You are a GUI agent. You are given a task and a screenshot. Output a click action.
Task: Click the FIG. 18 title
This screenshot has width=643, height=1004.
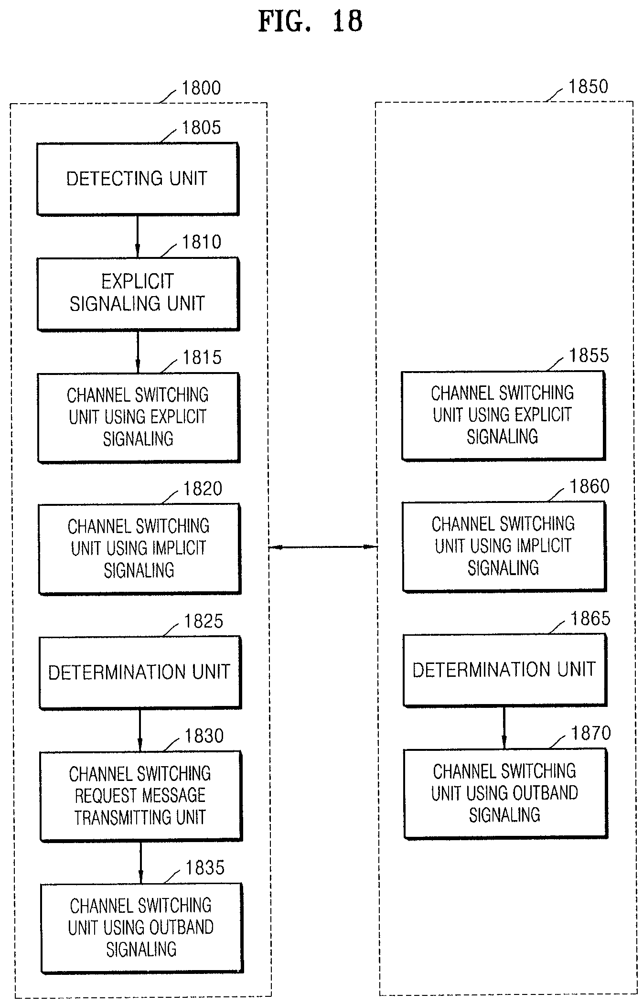(311, 21)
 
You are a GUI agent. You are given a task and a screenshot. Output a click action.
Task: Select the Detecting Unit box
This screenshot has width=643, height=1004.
(138, 179)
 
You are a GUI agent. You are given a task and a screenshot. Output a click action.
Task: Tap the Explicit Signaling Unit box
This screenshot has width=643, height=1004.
(138, 294)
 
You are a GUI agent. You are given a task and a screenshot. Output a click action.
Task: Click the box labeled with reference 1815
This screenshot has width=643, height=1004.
(139, 417)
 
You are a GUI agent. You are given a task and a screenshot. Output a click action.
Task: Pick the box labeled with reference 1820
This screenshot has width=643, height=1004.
(139, 549)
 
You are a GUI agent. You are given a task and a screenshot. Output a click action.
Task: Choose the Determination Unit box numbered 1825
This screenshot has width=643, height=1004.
(140, 672)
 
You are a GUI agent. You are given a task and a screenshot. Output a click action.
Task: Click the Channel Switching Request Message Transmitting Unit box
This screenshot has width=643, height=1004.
(141, 796)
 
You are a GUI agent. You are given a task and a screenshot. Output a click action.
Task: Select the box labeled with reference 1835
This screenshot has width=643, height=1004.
(142, 928)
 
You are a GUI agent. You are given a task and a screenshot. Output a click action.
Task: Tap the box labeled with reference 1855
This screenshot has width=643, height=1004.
(504, 416)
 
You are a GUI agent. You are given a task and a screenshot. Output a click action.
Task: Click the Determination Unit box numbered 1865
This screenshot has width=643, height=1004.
(505, 670)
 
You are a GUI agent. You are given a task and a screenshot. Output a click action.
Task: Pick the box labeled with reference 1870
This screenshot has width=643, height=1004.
(506, 793)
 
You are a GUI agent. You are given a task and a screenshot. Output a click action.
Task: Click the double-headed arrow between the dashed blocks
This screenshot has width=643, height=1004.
(323, 547)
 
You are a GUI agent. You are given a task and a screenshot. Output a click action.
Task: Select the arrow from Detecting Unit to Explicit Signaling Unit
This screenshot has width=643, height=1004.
(138, 236)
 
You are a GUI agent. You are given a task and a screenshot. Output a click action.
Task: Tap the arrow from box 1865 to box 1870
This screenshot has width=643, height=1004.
(504, 727)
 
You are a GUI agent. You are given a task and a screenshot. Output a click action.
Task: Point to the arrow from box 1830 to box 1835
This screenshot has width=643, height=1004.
(140, 862)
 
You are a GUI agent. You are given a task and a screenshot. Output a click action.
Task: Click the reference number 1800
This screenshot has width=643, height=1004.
(201, 88)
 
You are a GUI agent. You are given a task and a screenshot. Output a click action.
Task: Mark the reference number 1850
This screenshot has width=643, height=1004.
(588, 86)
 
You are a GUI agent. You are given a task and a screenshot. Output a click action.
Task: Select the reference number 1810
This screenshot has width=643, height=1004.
(202, 242)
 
